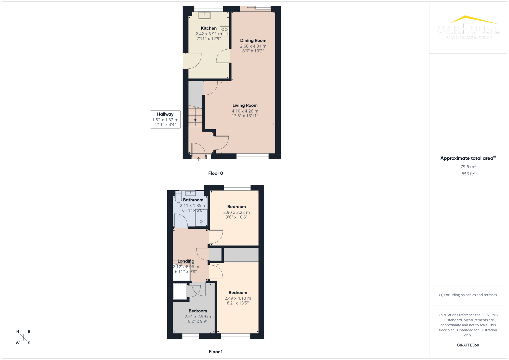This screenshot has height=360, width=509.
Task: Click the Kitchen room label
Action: pos(209,28)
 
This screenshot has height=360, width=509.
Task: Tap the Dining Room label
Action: pos(253,41)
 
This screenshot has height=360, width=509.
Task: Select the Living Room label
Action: pos(245,105)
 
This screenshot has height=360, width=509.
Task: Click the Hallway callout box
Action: pos(165,119)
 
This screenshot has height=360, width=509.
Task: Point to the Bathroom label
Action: pos(193,200)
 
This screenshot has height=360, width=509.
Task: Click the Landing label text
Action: pos(186,261)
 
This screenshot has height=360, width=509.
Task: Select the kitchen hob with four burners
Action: pos(224,32)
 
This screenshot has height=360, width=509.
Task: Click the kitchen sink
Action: pos(204,15)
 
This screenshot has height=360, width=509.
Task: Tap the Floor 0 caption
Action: pos(216,173)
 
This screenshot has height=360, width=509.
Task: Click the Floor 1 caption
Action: pos(216,352)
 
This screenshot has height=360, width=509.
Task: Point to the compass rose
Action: pos(23,337)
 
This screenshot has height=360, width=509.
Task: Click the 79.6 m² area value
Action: pos(468,167)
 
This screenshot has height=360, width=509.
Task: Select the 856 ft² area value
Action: pos(468,174)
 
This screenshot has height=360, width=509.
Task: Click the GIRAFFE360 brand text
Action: pos(468,345)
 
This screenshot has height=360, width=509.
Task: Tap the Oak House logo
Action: pos(468,28)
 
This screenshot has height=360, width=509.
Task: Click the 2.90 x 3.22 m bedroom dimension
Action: pos(236,212)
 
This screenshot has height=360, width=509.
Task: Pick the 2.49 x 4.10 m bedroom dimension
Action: pos(238,298)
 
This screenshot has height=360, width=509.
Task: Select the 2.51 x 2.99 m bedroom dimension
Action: pos(198,317)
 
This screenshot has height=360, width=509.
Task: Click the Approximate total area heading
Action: pos(467,158)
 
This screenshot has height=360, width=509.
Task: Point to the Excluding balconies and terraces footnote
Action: pos(468,295)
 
